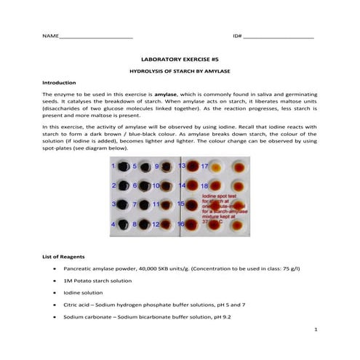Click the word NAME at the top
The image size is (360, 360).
[x=49, y=36]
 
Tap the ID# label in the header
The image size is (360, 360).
[x=237, y=36]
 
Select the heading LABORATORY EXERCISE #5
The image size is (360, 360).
[x=179, y=63]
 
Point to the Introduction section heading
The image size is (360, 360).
[x=60, y=83]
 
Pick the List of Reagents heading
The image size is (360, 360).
[x=67, y=257]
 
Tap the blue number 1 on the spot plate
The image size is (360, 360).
[x=113, y=167]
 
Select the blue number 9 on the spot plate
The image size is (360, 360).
[x=156, y=167]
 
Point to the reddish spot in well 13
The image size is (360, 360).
[x=193, y=167]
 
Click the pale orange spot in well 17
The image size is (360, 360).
[x=215, y=167]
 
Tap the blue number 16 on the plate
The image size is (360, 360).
[x=181, y=224]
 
